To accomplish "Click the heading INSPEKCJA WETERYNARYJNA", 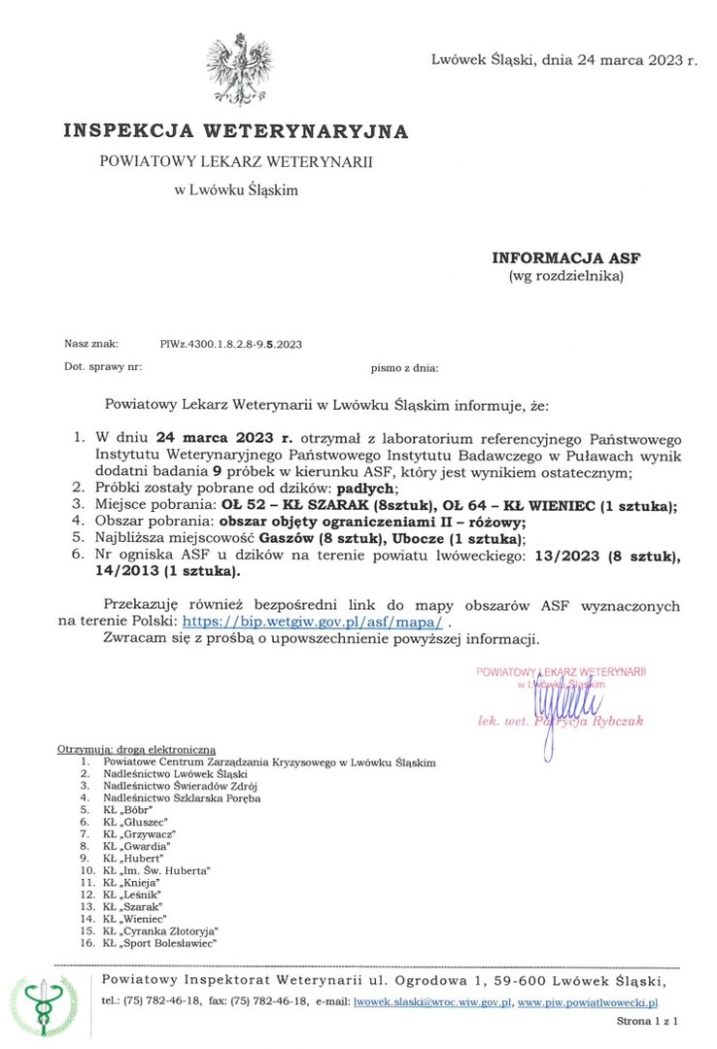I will [x=236, y=131].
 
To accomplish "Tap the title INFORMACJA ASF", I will [x=566, y=258].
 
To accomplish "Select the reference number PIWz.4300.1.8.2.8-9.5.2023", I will [x=231, y=344].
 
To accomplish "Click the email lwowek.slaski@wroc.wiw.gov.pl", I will [x=432, y=1000].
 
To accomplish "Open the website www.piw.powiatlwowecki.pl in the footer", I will [x=589, y=1000].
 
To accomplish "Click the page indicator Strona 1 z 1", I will [x=647, y=1022].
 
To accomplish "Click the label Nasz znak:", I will [x=91, y=344].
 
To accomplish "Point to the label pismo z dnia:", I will [x=405, y=368].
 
